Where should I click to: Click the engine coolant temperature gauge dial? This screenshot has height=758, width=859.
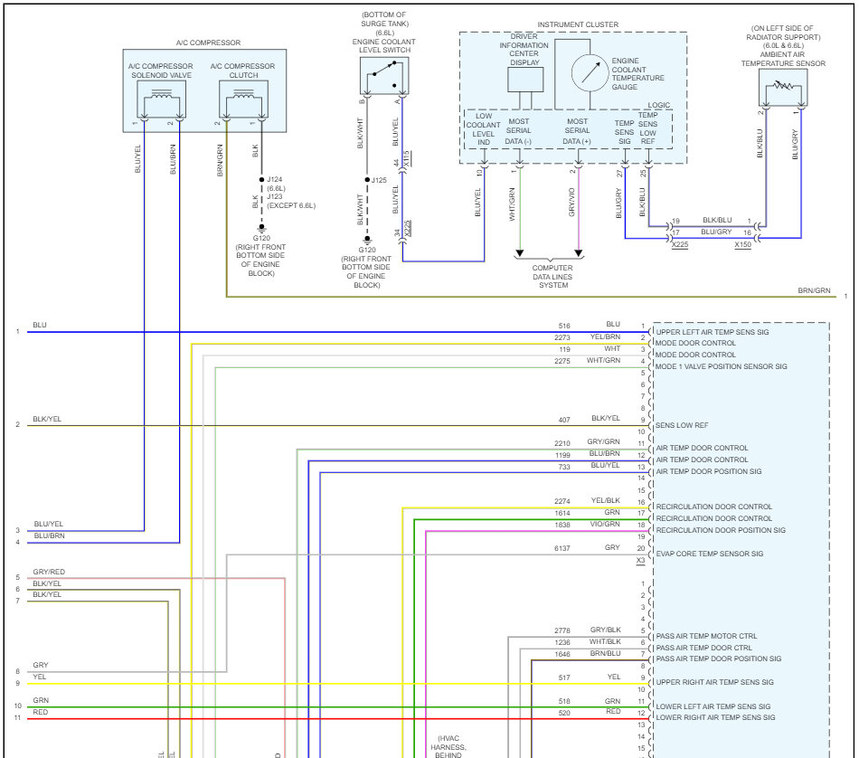[x=590, y=73]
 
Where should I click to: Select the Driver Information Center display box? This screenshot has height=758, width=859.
[x=525, y=80]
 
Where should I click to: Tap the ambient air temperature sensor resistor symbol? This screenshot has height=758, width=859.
[x=783, y=87]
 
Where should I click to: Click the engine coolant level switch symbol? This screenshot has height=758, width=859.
[x=384, y=76]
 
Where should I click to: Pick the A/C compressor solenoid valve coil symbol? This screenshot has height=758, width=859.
[x=161, y=99]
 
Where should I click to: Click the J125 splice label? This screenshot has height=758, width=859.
[x=379, y=180]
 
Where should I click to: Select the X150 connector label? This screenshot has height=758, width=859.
[x=743, y=244]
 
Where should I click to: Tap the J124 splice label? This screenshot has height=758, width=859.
[x=275, y=179]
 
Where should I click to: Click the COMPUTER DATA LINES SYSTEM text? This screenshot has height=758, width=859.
[x=552, y=276]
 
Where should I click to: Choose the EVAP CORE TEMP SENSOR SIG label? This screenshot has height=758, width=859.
[x=710, y=554]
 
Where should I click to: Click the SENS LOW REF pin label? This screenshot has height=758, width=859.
[x=682, y=425]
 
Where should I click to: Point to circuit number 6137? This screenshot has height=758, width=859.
[x=562, y=548]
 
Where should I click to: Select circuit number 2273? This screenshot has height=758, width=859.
[x=562, y=337]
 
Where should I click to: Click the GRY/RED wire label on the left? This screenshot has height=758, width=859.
[x=49, y=572]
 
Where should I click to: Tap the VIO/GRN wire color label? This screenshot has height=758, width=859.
[x=605, y=524]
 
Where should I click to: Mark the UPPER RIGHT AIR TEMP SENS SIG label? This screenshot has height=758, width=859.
[x=715, y=682]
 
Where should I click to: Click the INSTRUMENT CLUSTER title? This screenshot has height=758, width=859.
[x=578, y=24]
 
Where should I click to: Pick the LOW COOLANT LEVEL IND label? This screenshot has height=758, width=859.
[x=483, y=129]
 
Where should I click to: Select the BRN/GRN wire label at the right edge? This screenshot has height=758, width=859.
[x=814, y=290]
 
